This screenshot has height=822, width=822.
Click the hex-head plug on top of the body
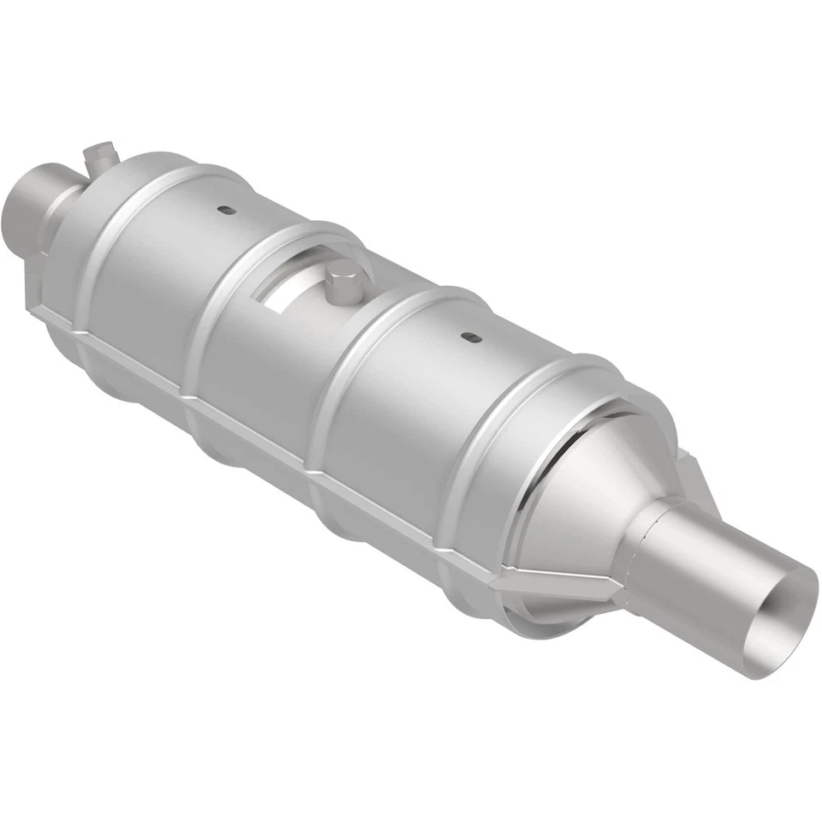(344, 283)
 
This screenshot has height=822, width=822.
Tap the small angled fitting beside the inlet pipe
(99, 157)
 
